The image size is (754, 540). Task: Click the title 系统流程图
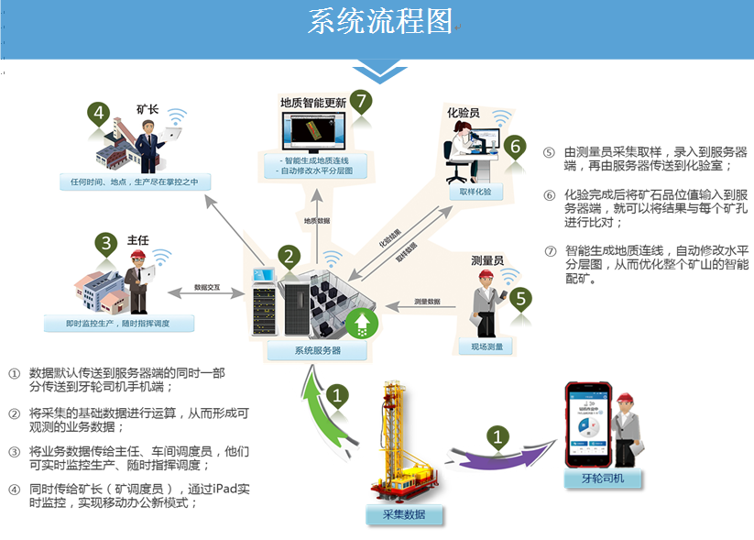pyautogui.click(x=380, y=22)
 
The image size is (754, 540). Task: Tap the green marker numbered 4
pyautogui.click(x=99, y=116)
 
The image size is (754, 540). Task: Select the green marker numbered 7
pyautogui.click(x=361, y=101)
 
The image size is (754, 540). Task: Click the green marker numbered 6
pyautogui.click(x=515, y=146)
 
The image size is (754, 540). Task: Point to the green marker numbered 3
pyautogui.click(x=107, y=243)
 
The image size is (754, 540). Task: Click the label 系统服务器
pyautogui.click(x=319, y=350)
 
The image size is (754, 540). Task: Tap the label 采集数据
pyautogui.click(x=403, y=513)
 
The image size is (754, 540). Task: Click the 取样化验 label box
pyautogui.click(x=475, y=192)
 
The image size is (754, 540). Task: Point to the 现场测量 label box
pyautogui.click(x=486, y=347)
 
